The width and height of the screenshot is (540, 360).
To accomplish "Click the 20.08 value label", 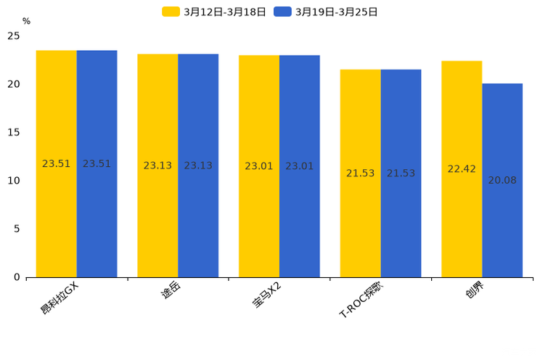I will (x=502, y=180).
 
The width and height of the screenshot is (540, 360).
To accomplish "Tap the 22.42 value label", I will (x=462, y=169).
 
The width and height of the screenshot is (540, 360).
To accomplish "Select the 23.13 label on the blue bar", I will (x=198, y=165).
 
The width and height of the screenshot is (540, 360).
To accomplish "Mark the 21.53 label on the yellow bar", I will (x=360, y=173).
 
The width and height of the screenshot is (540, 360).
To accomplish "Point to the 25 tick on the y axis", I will (x=14, y=36).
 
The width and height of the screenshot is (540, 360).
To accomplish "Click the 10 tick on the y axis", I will (x=14, y=181).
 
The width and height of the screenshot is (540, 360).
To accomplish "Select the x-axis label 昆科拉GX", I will (x=60, y=298).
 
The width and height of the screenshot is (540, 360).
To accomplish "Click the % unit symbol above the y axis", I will (x=26, y=21).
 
